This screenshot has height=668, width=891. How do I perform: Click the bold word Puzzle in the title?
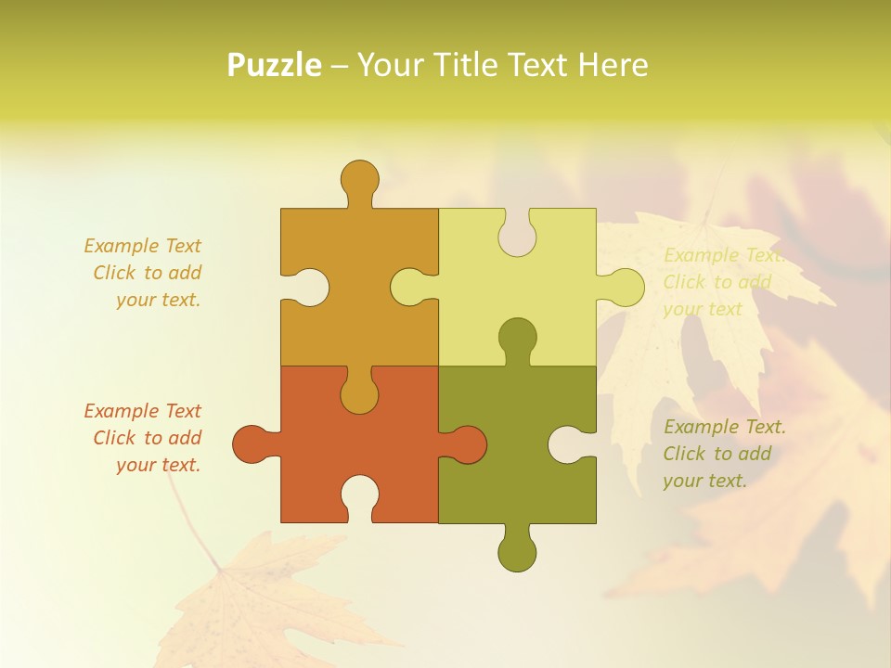pyautogui.click(x=275, y=65)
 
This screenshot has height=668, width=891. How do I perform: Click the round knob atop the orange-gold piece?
pyautogui.click(x=359, y=178)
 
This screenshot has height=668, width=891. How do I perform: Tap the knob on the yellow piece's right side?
pyautogui.click(x=625, y=287)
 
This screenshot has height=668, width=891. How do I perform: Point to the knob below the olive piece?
pyautogui.click(x=517, y=551)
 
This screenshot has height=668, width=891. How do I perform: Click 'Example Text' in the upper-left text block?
pyautogui.click(x=142, y=246)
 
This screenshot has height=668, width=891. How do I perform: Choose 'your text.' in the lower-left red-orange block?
pyautogui.click(x=158, y=465)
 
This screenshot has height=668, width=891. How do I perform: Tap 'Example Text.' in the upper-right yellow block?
pyautogui.click(x=724, y=255)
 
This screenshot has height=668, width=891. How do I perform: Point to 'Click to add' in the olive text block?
pyautogui.click(x=717, y=454)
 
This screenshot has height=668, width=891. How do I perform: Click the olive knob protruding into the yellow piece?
pyautogui.click(x=517, y=338)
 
